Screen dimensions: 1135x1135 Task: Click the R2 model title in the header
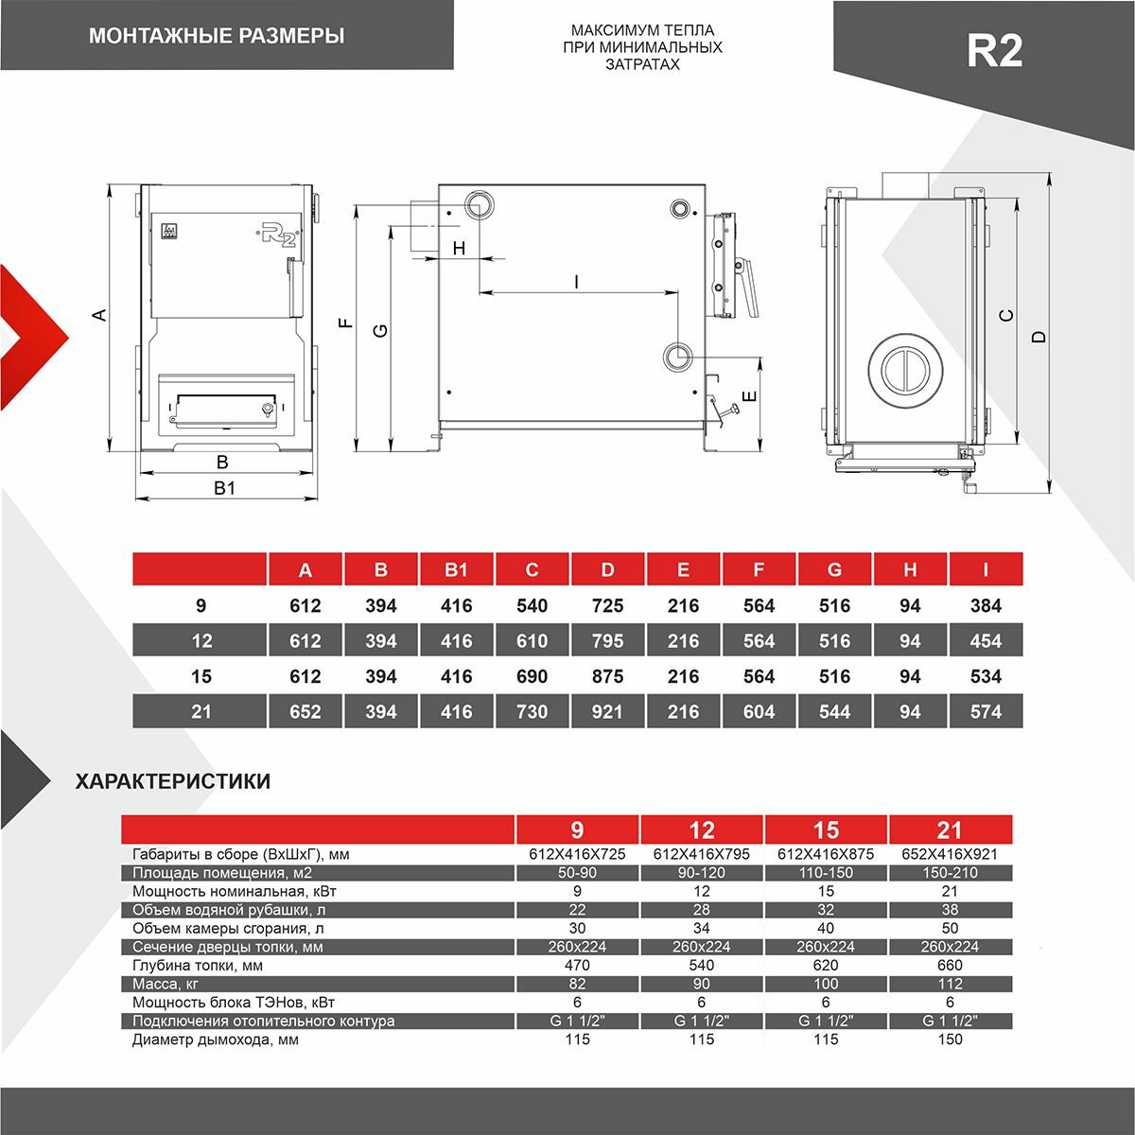click(x=994, y=50)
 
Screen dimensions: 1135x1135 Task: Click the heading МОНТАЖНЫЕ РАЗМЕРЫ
click(x=216, y=37)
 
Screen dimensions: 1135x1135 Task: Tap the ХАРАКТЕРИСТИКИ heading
click(x=172, y=781)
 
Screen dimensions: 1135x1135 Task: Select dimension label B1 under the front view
click(x=223, y=488)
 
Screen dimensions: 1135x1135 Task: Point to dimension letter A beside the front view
click(x=99, y=315)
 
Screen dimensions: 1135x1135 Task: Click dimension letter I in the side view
click(x=575, y=281)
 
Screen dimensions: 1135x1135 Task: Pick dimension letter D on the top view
click(x=1039, y=336)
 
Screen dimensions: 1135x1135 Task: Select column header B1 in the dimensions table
click(x=457, y=569)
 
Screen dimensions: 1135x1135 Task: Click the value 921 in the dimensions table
click(x=607, y=711)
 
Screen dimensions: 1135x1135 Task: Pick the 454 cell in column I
click(x=986, y=641)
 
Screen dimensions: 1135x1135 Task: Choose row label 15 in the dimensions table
click(x=201, y=676)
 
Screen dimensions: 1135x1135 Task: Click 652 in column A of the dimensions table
click(x=306, y=711)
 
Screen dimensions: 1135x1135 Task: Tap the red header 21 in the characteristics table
click(x=950, y=829)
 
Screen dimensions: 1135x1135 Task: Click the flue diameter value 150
click(x=950, y=1039)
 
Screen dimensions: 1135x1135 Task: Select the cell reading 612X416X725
click(x=577, y=854)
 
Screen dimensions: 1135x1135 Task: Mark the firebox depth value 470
click(x=577, y=966)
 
